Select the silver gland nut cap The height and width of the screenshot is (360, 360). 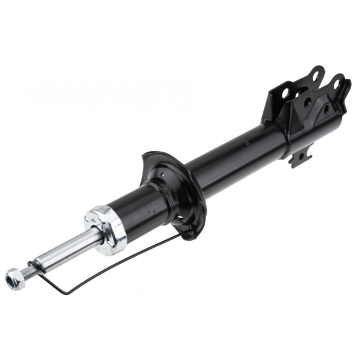click(106, 230)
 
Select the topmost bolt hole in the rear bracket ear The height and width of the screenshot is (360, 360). click(315, 76)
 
